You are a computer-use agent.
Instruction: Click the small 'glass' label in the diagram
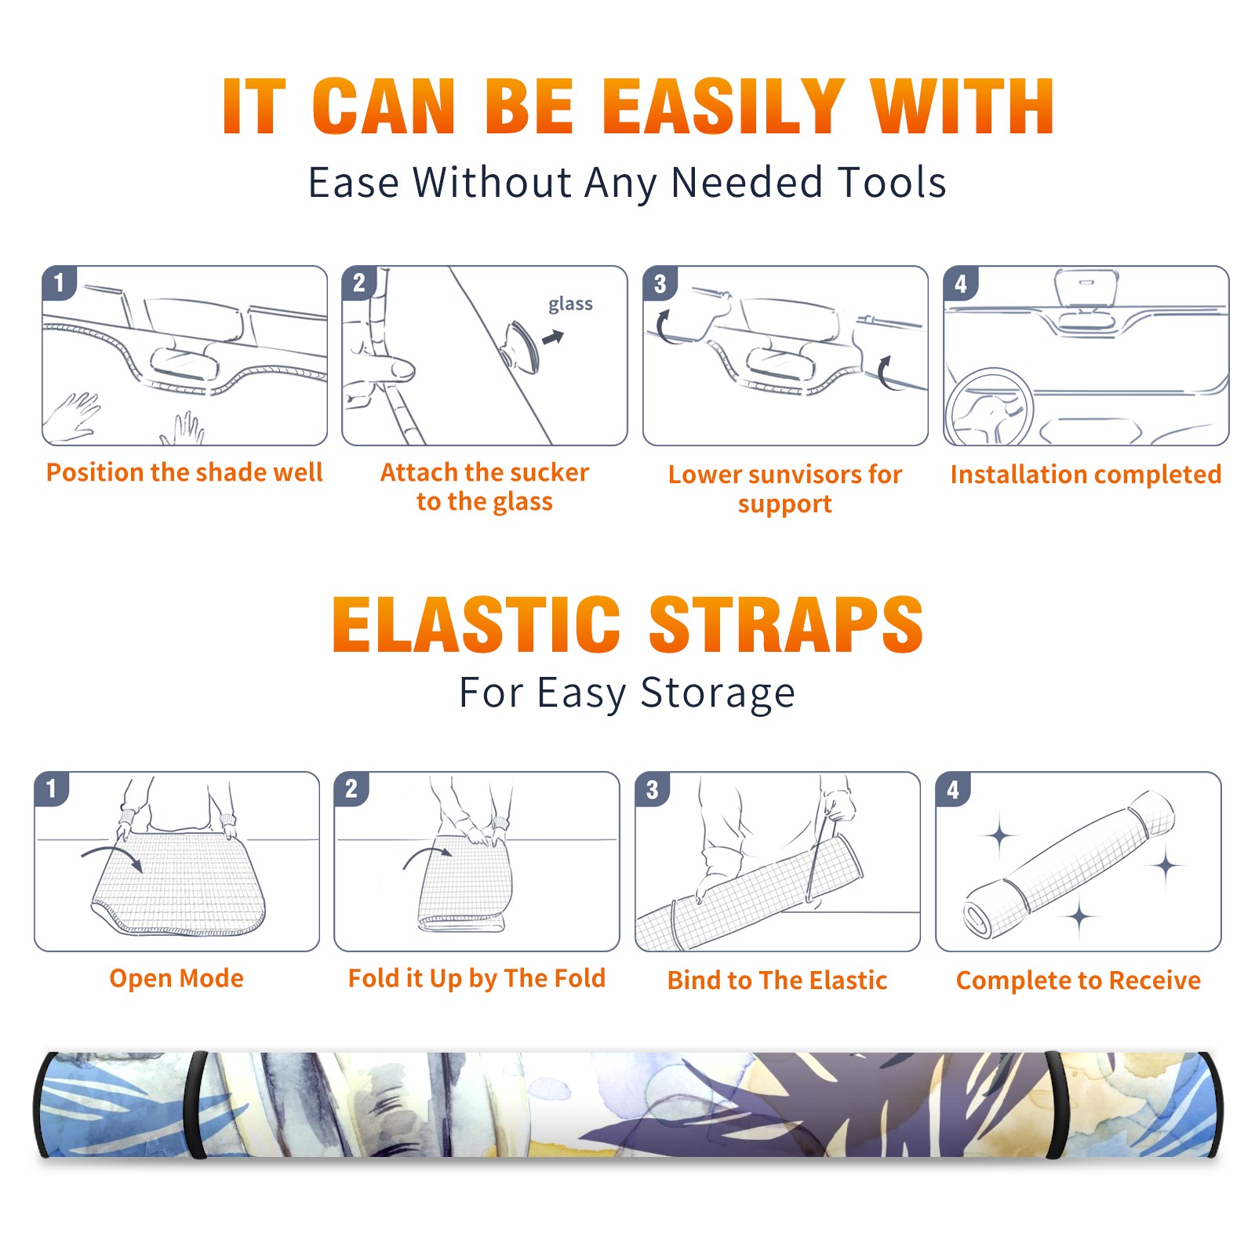point(570,304)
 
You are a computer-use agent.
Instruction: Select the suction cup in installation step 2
point(520,347)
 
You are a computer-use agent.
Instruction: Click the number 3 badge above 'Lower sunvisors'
point(660,283)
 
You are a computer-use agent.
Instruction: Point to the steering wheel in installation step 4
point(989,408)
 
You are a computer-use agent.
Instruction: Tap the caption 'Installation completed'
point(1086,475)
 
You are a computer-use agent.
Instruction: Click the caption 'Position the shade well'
point(184,472)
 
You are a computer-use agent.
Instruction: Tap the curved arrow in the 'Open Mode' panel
point(112,857)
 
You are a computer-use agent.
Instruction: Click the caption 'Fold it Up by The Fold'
point(477,978)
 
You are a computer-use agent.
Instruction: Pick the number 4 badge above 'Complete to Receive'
point(952,789)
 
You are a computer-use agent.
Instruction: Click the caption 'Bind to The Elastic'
point(777,980)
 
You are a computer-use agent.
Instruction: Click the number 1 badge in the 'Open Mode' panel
point(52,789)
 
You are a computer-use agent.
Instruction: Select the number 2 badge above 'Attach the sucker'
point(359,283)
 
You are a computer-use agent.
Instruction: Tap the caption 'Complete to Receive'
point(1079,980)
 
